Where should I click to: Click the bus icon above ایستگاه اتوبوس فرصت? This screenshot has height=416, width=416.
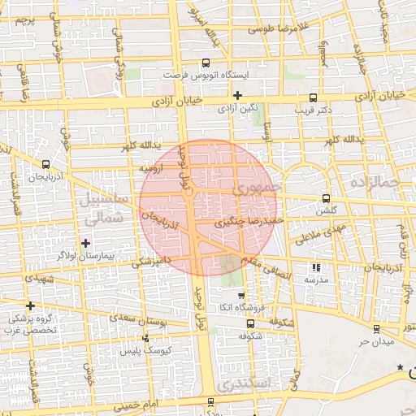206,62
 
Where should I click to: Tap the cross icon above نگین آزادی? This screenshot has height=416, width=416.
236,95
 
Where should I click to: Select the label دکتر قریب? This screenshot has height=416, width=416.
311,108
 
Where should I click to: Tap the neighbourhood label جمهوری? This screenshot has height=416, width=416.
255,189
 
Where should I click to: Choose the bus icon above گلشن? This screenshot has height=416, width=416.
326,197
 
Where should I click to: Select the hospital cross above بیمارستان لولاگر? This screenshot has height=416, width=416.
85,243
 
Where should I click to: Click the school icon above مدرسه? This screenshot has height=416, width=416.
316,267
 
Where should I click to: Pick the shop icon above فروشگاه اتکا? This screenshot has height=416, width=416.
240,294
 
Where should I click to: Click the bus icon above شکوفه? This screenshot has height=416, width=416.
250,323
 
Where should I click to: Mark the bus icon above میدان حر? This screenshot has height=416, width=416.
375,328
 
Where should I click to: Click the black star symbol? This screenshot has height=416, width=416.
400,368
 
